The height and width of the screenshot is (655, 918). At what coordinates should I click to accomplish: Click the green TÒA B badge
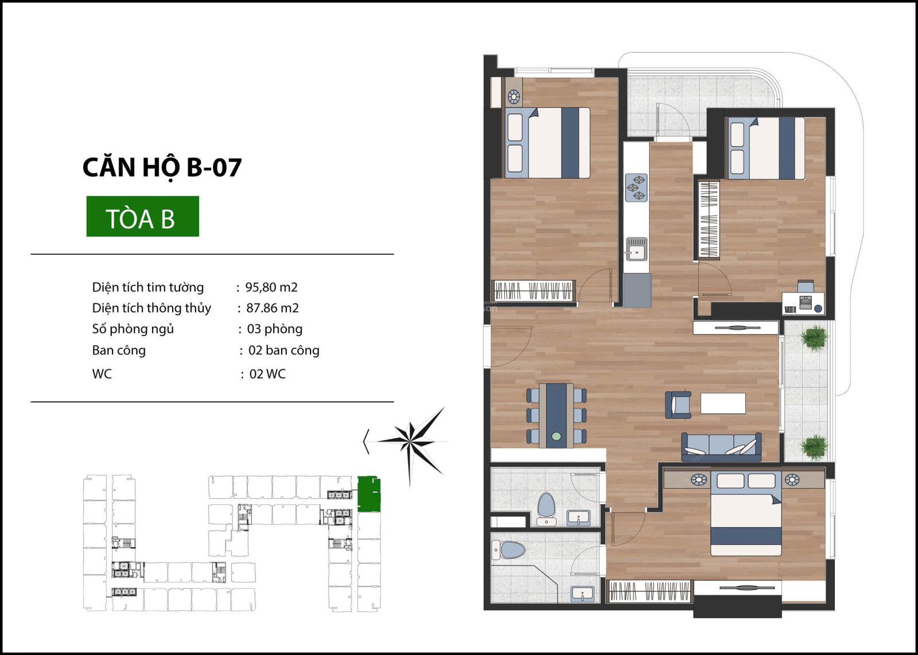click(143, 216)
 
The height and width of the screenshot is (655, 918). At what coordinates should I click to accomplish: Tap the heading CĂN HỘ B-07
click(162, 167)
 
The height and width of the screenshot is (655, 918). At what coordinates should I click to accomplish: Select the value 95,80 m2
click(271, 287)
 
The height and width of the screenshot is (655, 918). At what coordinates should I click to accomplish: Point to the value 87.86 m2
click(273, 308)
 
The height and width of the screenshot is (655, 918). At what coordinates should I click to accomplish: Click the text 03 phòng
click(275, 329)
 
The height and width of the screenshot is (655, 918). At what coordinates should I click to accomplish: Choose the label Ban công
click(119, 350)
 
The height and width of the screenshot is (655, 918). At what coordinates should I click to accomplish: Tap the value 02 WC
click(267, 374)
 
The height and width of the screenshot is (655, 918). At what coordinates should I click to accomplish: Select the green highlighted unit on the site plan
click(369, 494)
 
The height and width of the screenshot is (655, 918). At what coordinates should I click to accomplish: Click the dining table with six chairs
click(556, 416)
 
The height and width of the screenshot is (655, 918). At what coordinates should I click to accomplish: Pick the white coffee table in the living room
click(723, 403)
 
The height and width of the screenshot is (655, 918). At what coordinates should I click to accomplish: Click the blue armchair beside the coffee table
click(678, 405)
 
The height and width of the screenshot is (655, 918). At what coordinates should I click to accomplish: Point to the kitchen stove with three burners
click(636, 188)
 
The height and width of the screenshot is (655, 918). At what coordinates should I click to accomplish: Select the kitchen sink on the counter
click(636, 249)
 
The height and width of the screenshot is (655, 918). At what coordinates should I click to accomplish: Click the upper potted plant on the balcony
click(814, 337)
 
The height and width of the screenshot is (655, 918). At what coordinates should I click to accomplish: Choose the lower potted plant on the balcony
click(814, 448)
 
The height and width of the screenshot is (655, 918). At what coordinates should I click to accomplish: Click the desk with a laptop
click(803, 303)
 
